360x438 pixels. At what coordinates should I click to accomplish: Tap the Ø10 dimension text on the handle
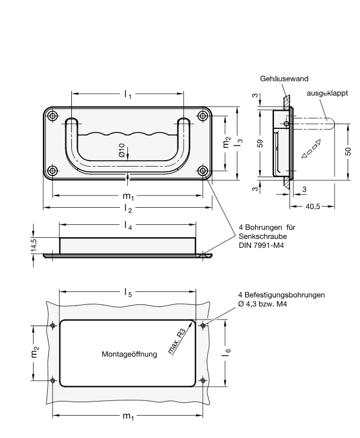click(122, 151)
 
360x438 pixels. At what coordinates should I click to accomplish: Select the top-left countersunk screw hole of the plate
click(53, 116)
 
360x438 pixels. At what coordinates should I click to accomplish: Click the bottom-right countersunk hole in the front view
click(203, 171)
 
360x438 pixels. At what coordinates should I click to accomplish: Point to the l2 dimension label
click(127, 208)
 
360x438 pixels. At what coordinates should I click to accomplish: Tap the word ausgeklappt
click(327, 93)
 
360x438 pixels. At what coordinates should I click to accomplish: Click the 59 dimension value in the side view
click(260, 143)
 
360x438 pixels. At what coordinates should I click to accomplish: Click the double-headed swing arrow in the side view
click(311, 149)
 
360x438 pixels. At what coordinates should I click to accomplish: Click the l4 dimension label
click(127, 225)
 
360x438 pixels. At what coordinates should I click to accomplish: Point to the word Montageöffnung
click(128, 354)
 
